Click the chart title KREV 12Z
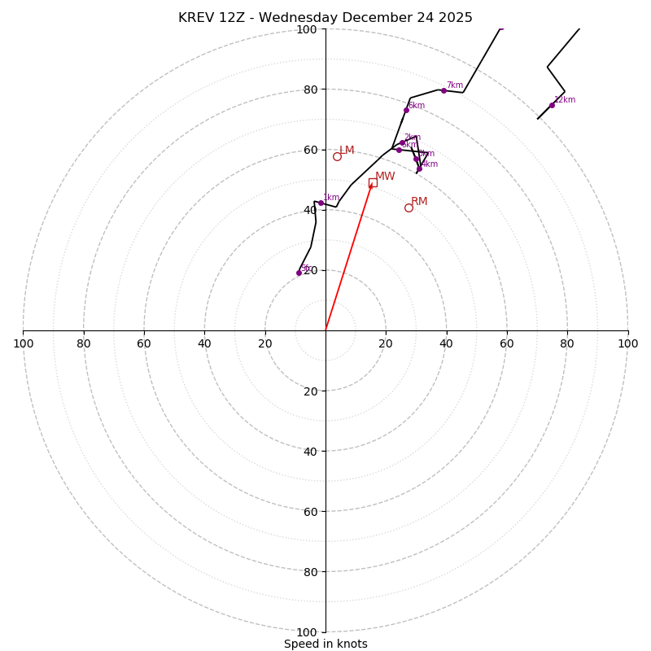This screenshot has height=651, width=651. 325,18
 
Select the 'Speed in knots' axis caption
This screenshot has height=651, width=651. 325,644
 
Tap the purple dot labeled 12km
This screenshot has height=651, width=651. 552,105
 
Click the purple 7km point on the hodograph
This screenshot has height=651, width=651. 443,90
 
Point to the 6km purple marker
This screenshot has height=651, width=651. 406,110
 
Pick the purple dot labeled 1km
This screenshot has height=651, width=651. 321,203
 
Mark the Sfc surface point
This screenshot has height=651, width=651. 299,273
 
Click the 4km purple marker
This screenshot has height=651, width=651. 419,168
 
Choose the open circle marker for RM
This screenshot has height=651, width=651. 409,208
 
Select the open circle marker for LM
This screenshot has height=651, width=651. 337,156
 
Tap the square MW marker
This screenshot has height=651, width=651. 373,182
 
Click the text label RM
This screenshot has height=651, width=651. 419,201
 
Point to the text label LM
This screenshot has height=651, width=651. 347,150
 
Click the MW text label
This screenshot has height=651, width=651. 385,176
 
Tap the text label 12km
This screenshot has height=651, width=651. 565,100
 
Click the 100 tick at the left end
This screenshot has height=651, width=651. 23,343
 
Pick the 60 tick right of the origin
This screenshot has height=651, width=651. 507,343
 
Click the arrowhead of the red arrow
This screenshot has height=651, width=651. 371,186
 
